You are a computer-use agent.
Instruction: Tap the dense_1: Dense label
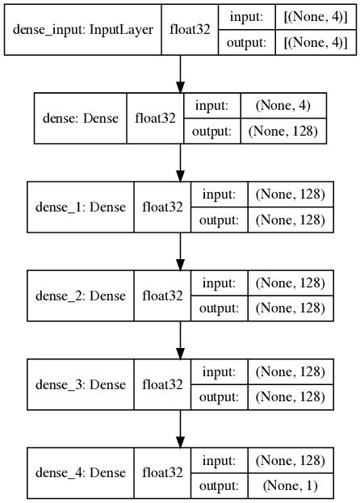point(81,207)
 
